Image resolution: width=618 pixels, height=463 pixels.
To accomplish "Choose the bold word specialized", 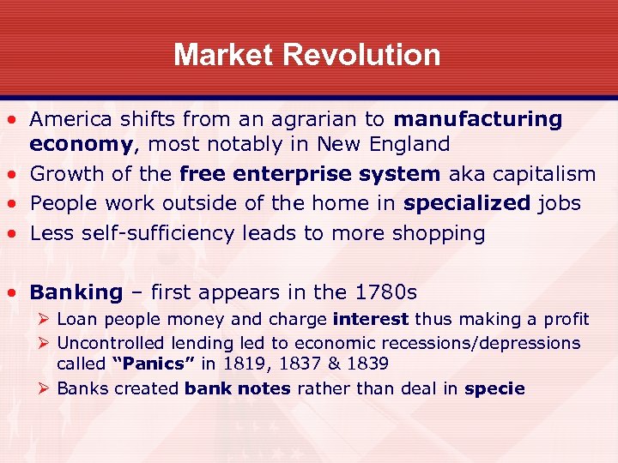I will [x=467, y=203].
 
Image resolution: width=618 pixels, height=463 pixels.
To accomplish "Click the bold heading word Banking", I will [x=76, y=292].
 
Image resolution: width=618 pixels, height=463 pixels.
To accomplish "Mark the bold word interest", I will [x=371, y=320].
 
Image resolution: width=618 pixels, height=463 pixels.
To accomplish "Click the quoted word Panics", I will [x=148, y=364].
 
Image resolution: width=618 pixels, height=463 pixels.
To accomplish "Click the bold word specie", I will [x=494, y=388].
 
